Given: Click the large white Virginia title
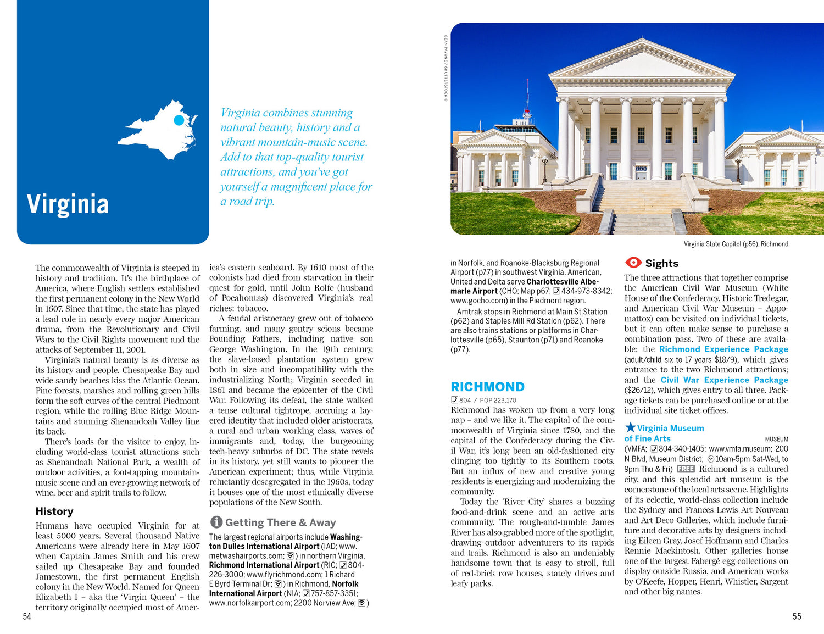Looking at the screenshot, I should (68, 204).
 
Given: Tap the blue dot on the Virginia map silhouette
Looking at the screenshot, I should (179, 120).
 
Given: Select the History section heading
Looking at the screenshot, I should (54, 511).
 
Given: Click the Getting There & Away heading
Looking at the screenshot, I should (280, 522).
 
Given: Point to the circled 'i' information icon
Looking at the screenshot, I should (216, 522).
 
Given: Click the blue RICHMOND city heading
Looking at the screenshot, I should (487, 387).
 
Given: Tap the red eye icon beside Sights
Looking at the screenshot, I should (633, 263).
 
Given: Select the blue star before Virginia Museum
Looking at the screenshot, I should (630, 427).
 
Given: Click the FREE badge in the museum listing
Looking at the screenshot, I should (686, 469).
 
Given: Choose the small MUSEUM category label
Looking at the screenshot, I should (776, 440).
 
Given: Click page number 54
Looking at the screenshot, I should (27, 616).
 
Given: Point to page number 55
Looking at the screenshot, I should (797, 616).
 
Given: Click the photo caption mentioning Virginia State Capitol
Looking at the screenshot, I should (736, 244).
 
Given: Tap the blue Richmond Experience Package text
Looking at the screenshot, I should (723, 349).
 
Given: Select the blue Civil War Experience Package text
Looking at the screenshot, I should (724, 380).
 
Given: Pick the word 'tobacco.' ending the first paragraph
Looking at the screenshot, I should (252, 308).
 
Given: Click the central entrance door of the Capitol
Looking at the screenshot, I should (641, 173).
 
